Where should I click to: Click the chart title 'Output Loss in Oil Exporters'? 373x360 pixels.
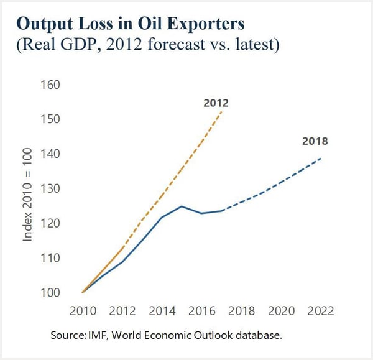pyautogui.click(x=130, y=24)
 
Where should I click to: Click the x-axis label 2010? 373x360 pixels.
pyautogui.click(x=83, y=311)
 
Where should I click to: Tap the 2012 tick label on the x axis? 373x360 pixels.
pyautogui.click(x=123, y=311)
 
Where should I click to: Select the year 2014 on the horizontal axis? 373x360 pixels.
pyautogui.click(x=163, y=311)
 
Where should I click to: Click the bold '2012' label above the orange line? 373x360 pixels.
pyautogui.click(x=216, y=103)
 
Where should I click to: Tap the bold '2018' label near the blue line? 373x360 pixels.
pyautogui.click(x=315, y=141)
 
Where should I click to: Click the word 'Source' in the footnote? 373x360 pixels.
pyautogui.click(x=67, y=335)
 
